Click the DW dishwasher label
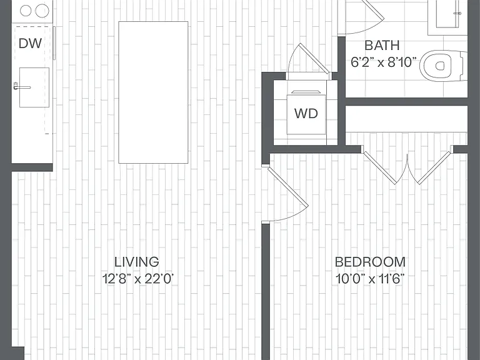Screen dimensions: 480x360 (30, 44)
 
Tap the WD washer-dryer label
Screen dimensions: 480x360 (306, 114)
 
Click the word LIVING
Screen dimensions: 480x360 (136, 262)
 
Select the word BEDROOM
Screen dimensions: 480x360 (370, 262)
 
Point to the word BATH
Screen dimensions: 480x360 (382, 46)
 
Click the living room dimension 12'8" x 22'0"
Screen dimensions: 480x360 (138, 279)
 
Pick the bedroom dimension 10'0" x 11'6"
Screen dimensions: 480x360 (370, 279)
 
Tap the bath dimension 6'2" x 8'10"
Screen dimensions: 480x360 (384, 62)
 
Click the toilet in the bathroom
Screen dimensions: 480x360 (443, 66)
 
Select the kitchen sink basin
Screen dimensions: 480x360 (34, 87)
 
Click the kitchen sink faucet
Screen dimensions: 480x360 (22, 87)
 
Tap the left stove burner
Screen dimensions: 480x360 (26, 11)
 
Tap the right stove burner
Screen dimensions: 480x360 (42, 11)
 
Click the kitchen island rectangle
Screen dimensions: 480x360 (153, 92)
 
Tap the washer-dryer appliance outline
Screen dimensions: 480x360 (306, 113)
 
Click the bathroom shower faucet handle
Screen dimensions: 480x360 (457, 13)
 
